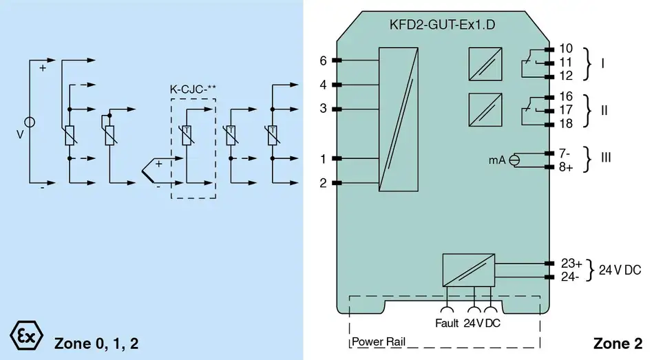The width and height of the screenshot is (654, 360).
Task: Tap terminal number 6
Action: coord(322,61)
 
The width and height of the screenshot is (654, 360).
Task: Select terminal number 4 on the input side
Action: coord(322,85)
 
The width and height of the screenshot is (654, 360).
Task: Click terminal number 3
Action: coord(322,109)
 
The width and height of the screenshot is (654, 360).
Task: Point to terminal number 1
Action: coord(322,160)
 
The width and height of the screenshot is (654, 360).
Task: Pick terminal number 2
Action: coord(322,183)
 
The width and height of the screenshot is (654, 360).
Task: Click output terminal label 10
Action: coord(567,48)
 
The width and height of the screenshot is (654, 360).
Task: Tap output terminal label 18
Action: coord(567,124)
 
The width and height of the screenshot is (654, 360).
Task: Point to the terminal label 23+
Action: coord(571,263)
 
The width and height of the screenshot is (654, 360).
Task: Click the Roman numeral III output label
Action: coord(606,158)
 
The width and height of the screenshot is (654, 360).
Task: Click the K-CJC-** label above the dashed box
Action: coord(193,89)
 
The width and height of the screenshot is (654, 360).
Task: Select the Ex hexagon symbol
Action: coord(25,335)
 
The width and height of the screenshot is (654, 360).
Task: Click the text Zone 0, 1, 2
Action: coord(96,342)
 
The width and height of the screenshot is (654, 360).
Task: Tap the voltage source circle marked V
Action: coord(30,121)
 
